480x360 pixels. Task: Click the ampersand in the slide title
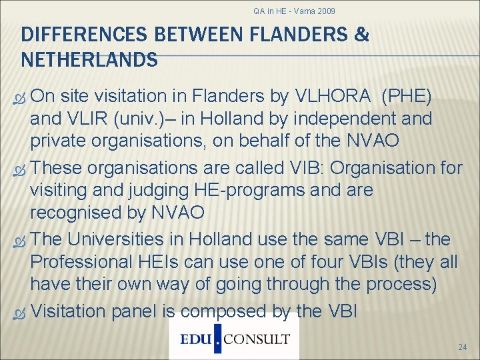pos(361,35)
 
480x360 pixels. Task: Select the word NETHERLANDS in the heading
pos(89,60)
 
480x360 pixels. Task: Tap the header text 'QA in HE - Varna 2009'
pos(294,11)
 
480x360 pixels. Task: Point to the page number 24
pos(463,347)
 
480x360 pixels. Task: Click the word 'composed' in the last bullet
pos(219,311)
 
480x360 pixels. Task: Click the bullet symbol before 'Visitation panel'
pos(21,311)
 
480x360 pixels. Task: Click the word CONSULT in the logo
pos(257,339)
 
